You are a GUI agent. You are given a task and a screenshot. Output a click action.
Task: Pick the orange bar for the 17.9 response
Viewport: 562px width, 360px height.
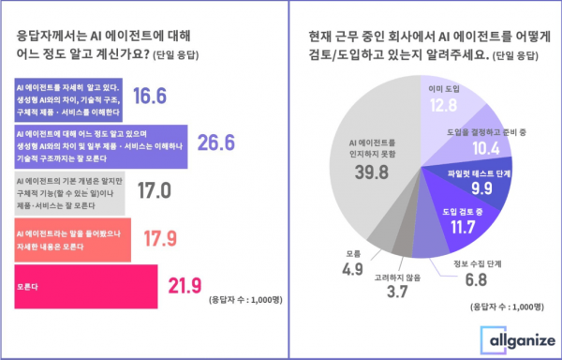74,236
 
